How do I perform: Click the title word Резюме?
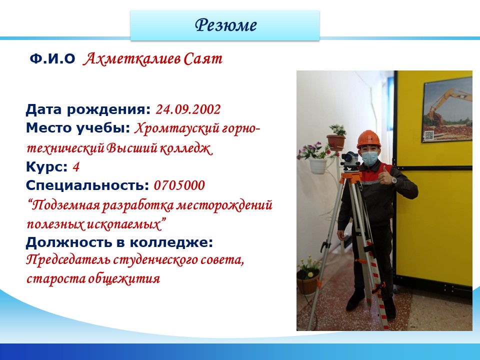225,25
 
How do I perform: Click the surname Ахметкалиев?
131,59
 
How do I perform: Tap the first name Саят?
203,59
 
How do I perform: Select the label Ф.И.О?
52,59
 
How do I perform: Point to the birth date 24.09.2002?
188,109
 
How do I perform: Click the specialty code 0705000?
179,185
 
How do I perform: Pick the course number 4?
76,167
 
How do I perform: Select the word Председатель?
68,260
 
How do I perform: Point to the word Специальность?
87,185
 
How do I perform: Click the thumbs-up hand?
386,176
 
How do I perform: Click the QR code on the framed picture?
429,135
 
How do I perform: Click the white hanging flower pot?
318,166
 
